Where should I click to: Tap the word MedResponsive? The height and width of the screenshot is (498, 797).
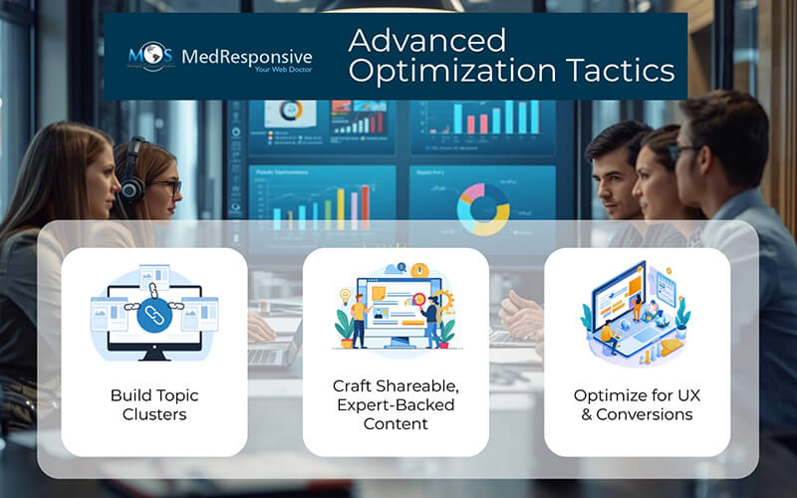244,56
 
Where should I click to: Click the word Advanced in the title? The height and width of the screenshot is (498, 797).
426,41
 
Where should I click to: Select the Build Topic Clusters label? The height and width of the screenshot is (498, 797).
154,403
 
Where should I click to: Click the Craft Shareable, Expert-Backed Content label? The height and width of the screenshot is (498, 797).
396,403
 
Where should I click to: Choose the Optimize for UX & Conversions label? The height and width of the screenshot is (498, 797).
637,403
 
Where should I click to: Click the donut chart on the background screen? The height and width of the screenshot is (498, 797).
482,206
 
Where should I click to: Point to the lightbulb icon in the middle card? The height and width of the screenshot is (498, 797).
346,296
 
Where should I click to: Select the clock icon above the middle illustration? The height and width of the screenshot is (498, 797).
419,270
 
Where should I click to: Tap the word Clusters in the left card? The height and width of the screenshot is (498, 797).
154,413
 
